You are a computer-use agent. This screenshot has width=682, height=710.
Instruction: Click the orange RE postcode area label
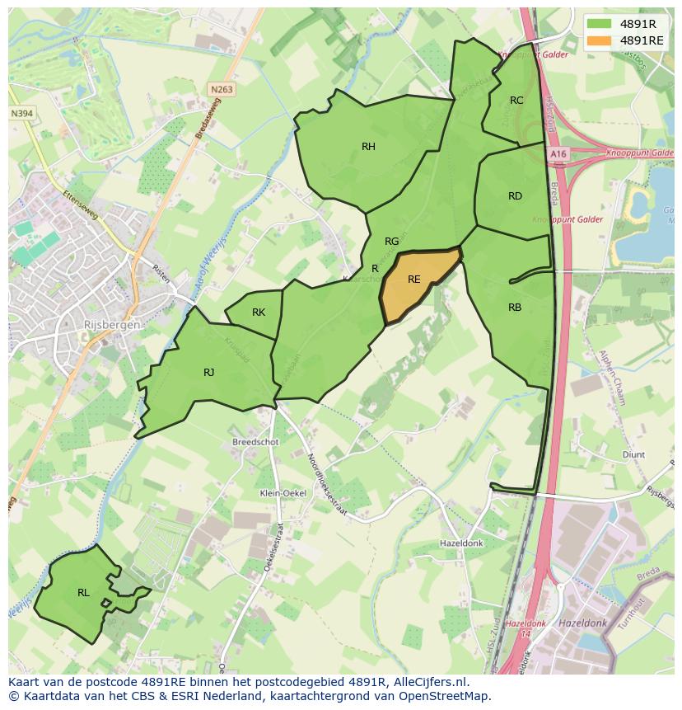click(x=413, y=280)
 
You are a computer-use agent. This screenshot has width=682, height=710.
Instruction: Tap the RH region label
click(x=368, y=147)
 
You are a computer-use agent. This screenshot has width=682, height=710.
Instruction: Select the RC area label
click(x=516, y=101)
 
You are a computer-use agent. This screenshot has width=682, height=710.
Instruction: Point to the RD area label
click(x=515, y=196)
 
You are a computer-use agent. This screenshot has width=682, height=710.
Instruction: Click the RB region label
click(x=515, y=308)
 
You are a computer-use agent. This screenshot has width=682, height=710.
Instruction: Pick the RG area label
click(x=391, y=242)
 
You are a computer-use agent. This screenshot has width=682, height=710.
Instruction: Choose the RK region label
click(x=259, y=313)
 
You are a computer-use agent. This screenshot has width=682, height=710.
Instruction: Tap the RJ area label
click(x=209, y=373)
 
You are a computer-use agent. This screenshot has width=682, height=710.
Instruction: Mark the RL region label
click(x=83, y=593)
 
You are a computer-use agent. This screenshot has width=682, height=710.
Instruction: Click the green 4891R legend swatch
click(x=600, y=24)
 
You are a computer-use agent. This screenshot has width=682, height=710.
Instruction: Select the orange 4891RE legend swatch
click(x=600, y=40)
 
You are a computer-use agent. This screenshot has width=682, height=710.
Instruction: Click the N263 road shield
click(x=221, y=90)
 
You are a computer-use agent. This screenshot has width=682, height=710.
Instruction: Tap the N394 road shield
click(x=22, y=114)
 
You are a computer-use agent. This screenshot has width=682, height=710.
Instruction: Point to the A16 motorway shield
click(x=559, y=154)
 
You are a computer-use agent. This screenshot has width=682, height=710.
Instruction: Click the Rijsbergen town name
click(x=111, y=325)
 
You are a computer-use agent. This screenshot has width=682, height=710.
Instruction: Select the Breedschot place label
click(x=255, y=442)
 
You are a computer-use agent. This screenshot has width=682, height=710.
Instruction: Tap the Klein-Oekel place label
click(x=283, y=493)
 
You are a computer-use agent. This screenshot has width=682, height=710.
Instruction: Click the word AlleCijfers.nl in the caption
click(x=428, y=682)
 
